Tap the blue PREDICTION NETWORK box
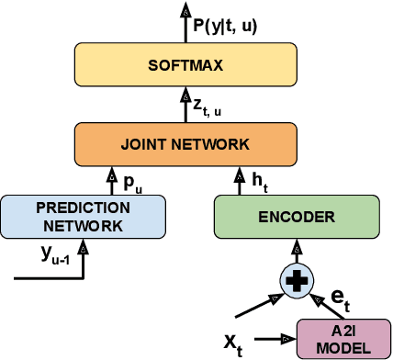pyautogui.click(x=84, y=217)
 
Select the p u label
pyautogui.click(x=132, y=183)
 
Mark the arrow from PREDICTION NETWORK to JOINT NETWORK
pyautogui.click(x=113, y=181)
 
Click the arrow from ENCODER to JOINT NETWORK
pyautogui.click(x=243, y=181)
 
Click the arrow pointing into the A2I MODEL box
pyautogui.click(x=275, y=339)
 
